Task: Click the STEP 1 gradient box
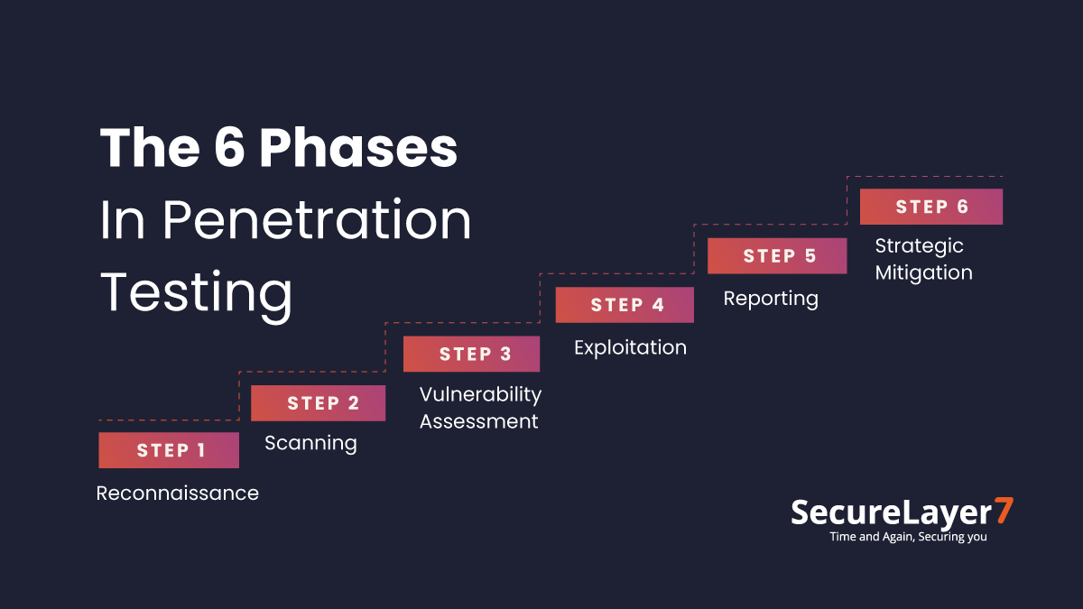tap(169, 450)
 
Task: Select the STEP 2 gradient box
tap(318, 403)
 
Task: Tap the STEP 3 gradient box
tap(471, 354)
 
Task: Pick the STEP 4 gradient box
tap(625, 305)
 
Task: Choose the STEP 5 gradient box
tap(777, 256)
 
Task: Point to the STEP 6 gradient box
tap(930, 207)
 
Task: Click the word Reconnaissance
tap(178, 494)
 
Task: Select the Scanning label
tap(310, 443)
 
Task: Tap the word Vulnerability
tap(480, 394)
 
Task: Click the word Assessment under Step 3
tap(478, 421)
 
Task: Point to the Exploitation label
tap(630, 347)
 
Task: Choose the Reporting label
tap(771, 299)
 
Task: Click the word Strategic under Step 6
tap(919, 245)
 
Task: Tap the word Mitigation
tap(923, 272)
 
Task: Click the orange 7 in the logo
tap(1003, 511)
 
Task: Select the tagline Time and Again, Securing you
tap(908, 537)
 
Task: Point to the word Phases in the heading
tap(358, 147)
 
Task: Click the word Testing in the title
tap(196, 293)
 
